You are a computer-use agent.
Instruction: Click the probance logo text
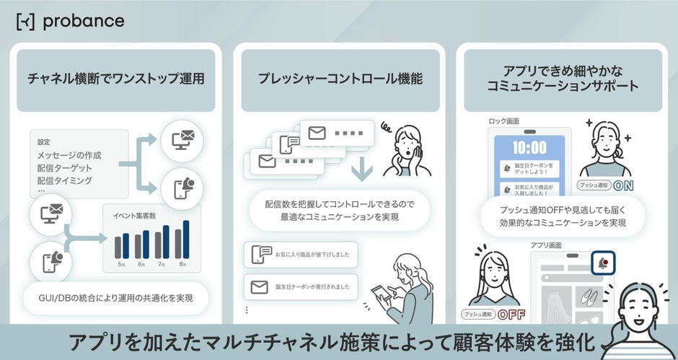click(83, 21)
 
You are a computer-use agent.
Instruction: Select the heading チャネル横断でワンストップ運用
click(116, 79)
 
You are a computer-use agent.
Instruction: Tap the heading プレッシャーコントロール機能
click(340, 79)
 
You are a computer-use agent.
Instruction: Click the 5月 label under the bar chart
click(120, 264)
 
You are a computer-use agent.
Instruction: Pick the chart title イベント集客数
click(135, 216)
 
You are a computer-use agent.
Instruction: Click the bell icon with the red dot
click(601, 263)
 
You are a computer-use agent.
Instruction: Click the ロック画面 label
click(504, 121)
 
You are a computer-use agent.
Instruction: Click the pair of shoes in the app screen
click(589, 297)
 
